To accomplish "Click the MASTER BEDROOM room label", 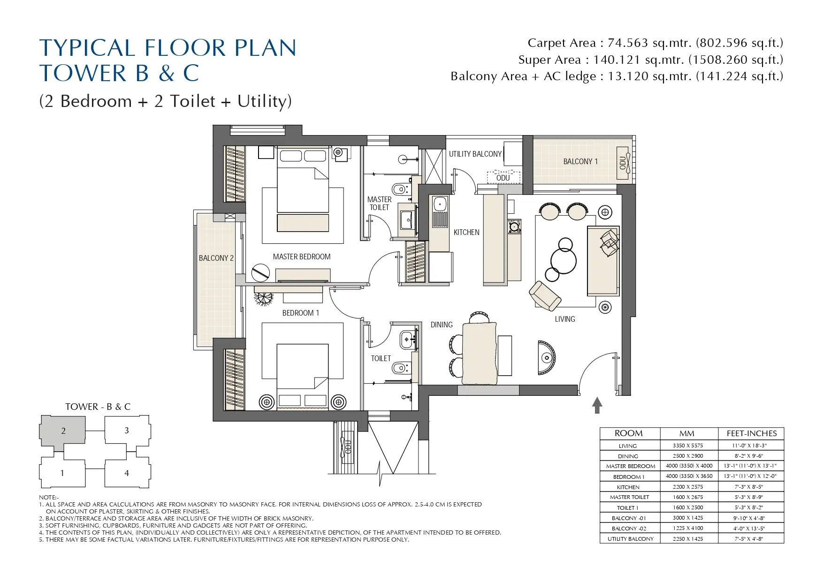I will coord(302,257).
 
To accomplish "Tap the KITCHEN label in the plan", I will coord(466,232).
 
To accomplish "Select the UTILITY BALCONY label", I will coord(475,154).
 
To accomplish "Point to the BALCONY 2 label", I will coord(216,258).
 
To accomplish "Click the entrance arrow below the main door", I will coord(597,405).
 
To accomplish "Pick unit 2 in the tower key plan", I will coord(63,431).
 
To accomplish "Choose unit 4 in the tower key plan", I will coord(127,473).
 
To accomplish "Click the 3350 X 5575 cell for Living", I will coord(688,446).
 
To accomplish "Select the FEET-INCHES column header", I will coord(751,433).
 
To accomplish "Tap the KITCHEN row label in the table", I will coord(628,487).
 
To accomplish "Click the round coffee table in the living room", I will coord(563,261).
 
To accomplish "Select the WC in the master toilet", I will coord(400,189).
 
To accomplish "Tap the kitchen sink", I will coord(440,204).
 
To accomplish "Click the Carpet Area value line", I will coord(655,43).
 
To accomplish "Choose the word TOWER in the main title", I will coord(83,73).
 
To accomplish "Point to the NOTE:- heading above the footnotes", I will coord(49,497).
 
